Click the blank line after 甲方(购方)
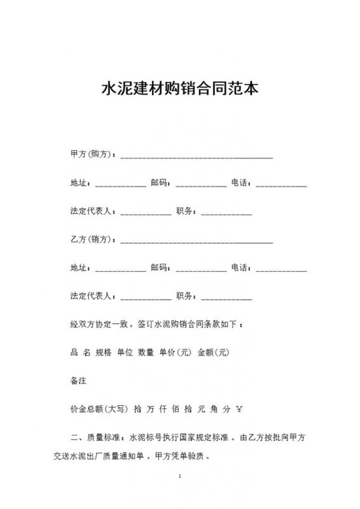pyautogui.click(x=197, y=155)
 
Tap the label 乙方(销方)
pyautogui.click(x=92, y=240)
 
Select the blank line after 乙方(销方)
pyautogui.click(x=197, y=241)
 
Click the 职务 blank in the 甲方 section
pyautogui.click(x=226, y=212)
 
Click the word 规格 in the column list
pyautogui.click(x=103, y=352)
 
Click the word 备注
pyautogui.click(x=78, y=380)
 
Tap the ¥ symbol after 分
pyautogui.click(x=240, y=408)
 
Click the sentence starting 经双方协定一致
pyautogui.click(x=156, y=324)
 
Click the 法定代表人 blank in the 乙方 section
pyautogui.click(x=146, y=296)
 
